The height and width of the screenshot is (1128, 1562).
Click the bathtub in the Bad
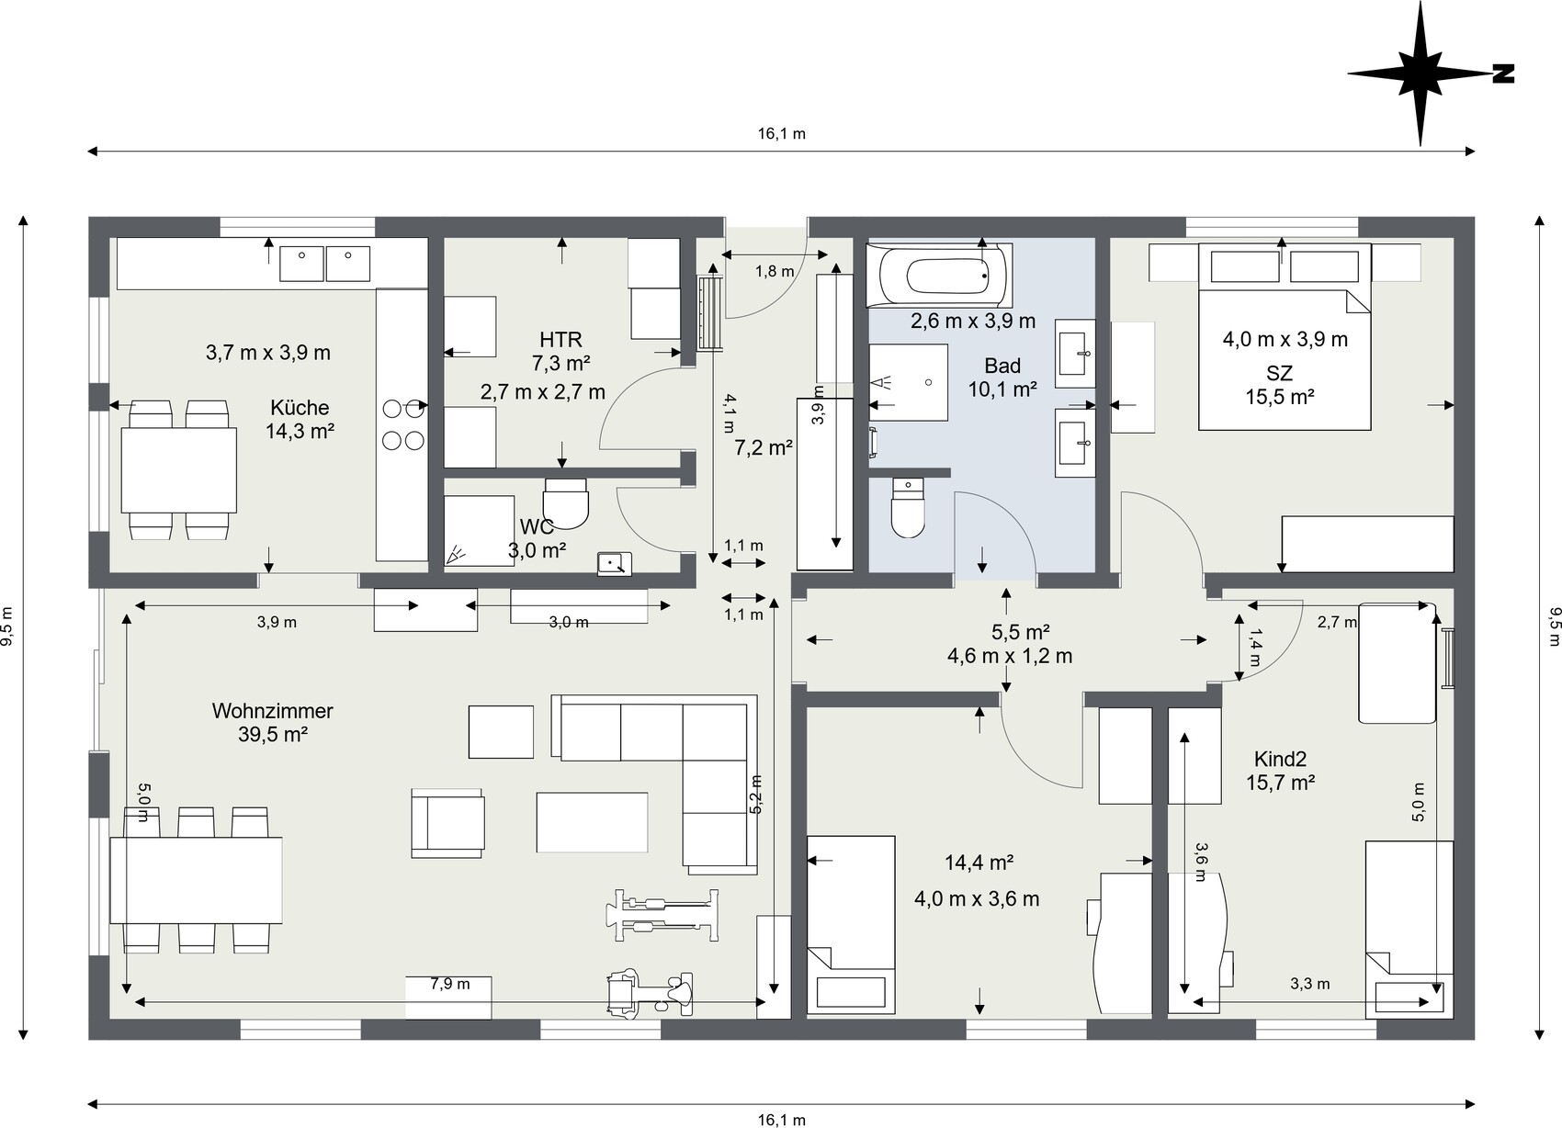coord(939,276)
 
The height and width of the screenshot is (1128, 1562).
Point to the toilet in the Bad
coord(908,508)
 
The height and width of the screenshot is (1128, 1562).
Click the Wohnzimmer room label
coord(273,711)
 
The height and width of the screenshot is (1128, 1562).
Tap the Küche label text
coord(300,408)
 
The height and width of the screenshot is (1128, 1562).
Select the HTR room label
coord(560,340)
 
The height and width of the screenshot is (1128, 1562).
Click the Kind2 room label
coord(1280,760)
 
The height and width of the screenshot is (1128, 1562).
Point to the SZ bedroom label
coord(1280,373)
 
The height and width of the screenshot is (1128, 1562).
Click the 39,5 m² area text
coord(273,734)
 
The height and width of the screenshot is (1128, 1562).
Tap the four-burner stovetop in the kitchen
coord(403,424)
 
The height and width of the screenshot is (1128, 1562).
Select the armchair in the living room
coord(447,823)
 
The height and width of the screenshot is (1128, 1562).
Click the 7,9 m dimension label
coord(450,984)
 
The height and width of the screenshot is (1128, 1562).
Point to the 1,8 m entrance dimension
coord(775,271)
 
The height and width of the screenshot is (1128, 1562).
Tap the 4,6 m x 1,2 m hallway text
coord(1010,656)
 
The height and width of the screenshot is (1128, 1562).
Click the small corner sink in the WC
coord(615,564)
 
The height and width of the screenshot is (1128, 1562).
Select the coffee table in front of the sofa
coord(592,822)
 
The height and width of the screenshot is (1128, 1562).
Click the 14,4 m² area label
coord(979,863)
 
